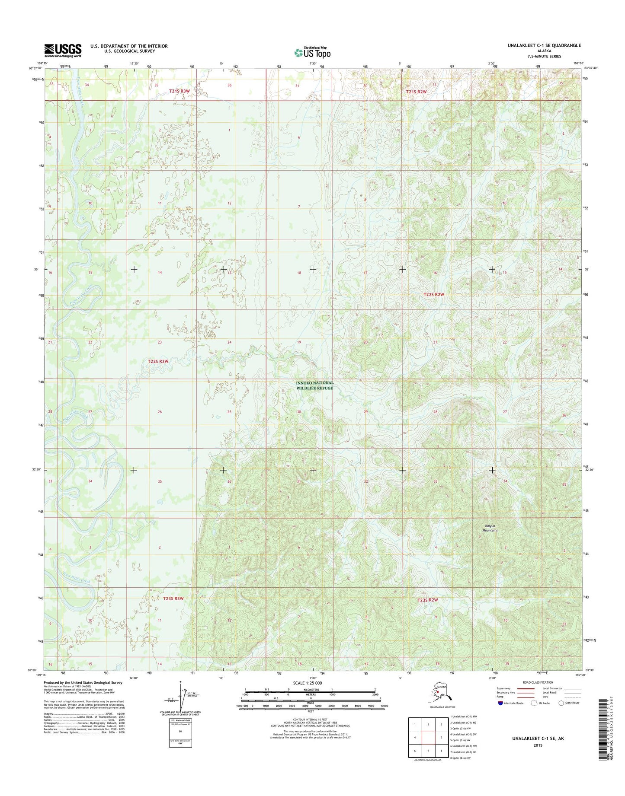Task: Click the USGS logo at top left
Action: [x=63, y=50]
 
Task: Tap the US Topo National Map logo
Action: [x=312, y=52]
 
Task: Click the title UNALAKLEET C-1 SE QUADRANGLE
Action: [x=544, y=45]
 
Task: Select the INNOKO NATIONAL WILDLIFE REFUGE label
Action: [x=314, y=385]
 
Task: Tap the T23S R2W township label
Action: [x=428, y=600]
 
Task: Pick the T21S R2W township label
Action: [x=416, y=92]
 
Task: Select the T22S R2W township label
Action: [x=433, y=294]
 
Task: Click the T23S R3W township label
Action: [x=173, y=599]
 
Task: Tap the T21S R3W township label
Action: [x=179, y=91]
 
